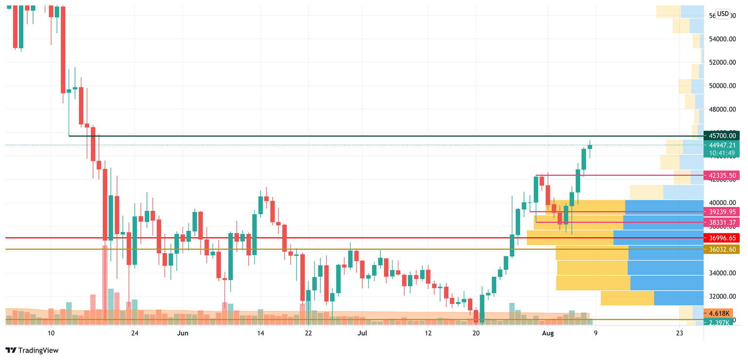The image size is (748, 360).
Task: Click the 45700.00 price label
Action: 722,136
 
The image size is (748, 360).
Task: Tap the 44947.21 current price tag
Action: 722,145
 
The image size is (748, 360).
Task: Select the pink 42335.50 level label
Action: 722,175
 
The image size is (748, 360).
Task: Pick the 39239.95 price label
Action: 722,212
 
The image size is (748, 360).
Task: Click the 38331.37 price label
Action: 722,222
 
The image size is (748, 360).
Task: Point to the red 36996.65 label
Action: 722,238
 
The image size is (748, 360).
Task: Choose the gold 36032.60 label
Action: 722,249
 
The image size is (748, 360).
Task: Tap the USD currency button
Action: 723,14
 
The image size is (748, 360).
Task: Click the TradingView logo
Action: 32,350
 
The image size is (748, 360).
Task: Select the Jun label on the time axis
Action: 182,333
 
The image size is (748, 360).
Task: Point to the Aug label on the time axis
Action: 548,333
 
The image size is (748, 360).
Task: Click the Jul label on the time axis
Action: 362,333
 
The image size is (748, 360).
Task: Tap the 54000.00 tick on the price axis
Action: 722,39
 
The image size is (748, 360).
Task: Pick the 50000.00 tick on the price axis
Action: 722,86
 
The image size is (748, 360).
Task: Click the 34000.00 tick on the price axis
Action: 722,273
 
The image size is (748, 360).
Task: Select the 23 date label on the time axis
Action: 680,333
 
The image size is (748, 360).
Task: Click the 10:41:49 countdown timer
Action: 722,152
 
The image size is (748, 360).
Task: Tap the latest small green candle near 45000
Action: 590,147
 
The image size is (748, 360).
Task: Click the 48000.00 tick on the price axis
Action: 722,109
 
